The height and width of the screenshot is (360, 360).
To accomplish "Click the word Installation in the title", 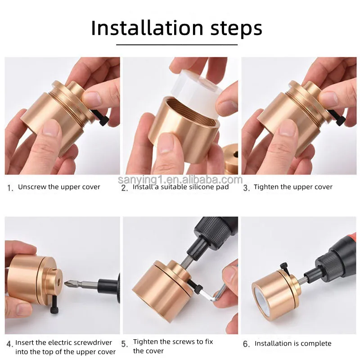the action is [147, 28].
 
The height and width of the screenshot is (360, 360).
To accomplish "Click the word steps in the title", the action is [236, 29].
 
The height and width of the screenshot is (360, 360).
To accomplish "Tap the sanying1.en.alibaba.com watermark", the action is [180, 180].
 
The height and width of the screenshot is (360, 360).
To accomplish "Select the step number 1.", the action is [10, 188].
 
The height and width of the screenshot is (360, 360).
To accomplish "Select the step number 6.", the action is [246, 344].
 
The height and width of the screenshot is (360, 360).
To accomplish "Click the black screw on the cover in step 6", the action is [284, 267].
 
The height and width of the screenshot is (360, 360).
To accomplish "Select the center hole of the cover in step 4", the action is [58, 281].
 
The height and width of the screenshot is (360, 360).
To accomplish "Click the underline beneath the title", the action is [177, 45].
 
